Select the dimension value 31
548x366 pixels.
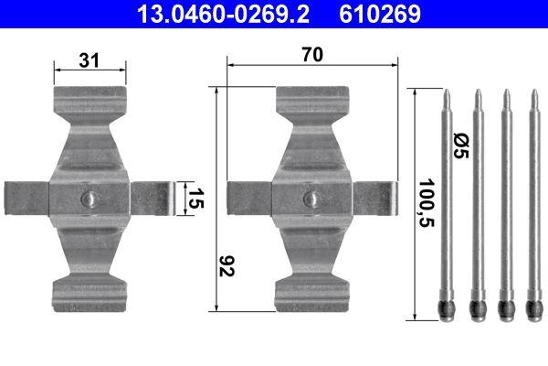tap(90, 60)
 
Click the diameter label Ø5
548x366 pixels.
tap(461, 145)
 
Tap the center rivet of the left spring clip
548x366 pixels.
tap(89, 199)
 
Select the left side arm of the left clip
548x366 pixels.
tap(26, 199)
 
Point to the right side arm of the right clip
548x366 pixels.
tap(375, 199)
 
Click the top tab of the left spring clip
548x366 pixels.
tap(89, 101)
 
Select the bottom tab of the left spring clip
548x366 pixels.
tap(89, 292)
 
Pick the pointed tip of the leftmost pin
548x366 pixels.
tap(447, 94)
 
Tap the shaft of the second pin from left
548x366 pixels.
tap(476, 201)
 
